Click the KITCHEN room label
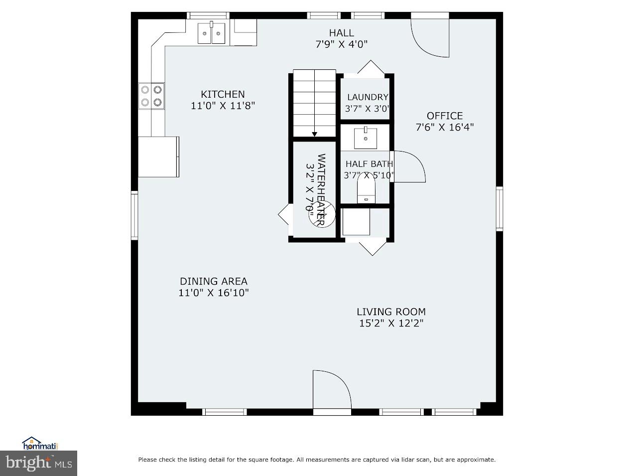(223, 94)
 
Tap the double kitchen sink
(212, 33)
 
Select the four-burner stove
(151, 96)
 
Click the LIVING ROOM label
(391, 312)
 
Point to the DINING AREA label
(213, 281)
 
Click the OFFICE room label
(444, 116)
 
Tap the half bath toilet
(366, 191)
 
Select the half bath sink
(366, 138)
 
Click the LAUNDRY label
(368, 97)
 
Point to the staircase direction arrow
(314, 133)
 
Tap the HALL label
(341, 33)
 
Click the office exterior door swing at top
(430, 38)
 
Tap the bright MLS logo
(38, 463)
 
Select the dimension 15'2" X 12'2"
(391, 323)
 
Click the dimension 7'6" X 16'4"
(444, 127)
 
